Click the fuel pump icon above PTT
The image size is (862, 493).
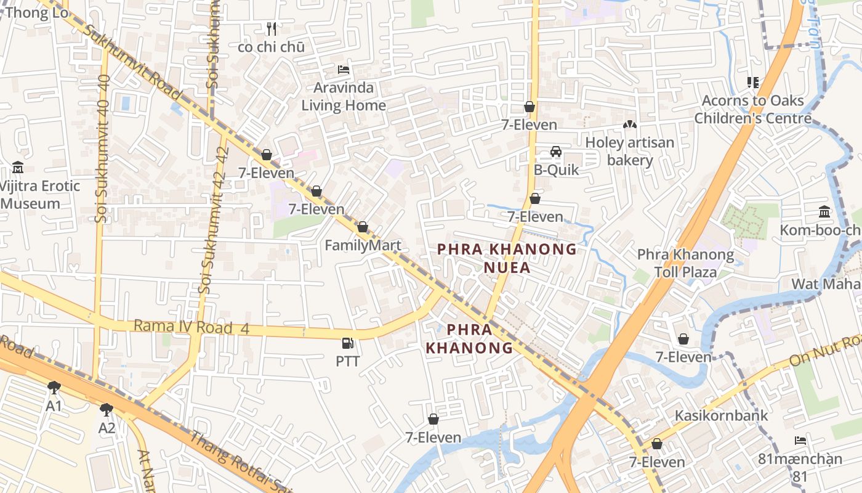click(348, 343)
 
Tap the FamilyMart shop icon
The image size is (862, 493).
click(363, 227)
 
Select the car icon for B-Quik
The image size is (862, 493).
click(555, 152)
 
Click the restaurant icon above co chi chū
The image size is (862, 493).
click(271, 28)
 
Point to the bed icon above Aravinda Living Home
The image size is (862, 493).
click(344, 70)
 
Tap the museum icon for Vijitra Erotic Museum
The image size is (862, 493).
click(18, 168)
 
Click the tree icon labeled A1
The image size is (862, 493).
click(54, 388)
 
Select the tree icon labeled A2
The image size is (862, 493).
click(107, 409)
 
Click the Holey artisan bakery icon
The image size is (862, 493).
click(629, 124)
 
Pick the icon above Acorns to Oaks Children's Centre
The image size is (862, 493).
click(752, 82)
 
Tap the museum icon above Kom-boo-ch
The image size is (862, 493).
click(824, 212)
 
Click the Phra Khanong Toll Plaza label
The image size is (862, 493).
click(685, 263)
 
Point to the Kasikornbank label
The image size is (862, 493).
click(721, 415)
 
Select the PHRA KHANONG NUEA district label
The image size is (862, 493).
click(507, 258)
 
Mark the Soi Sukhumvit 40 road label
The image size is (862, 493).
click(103, 148)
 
